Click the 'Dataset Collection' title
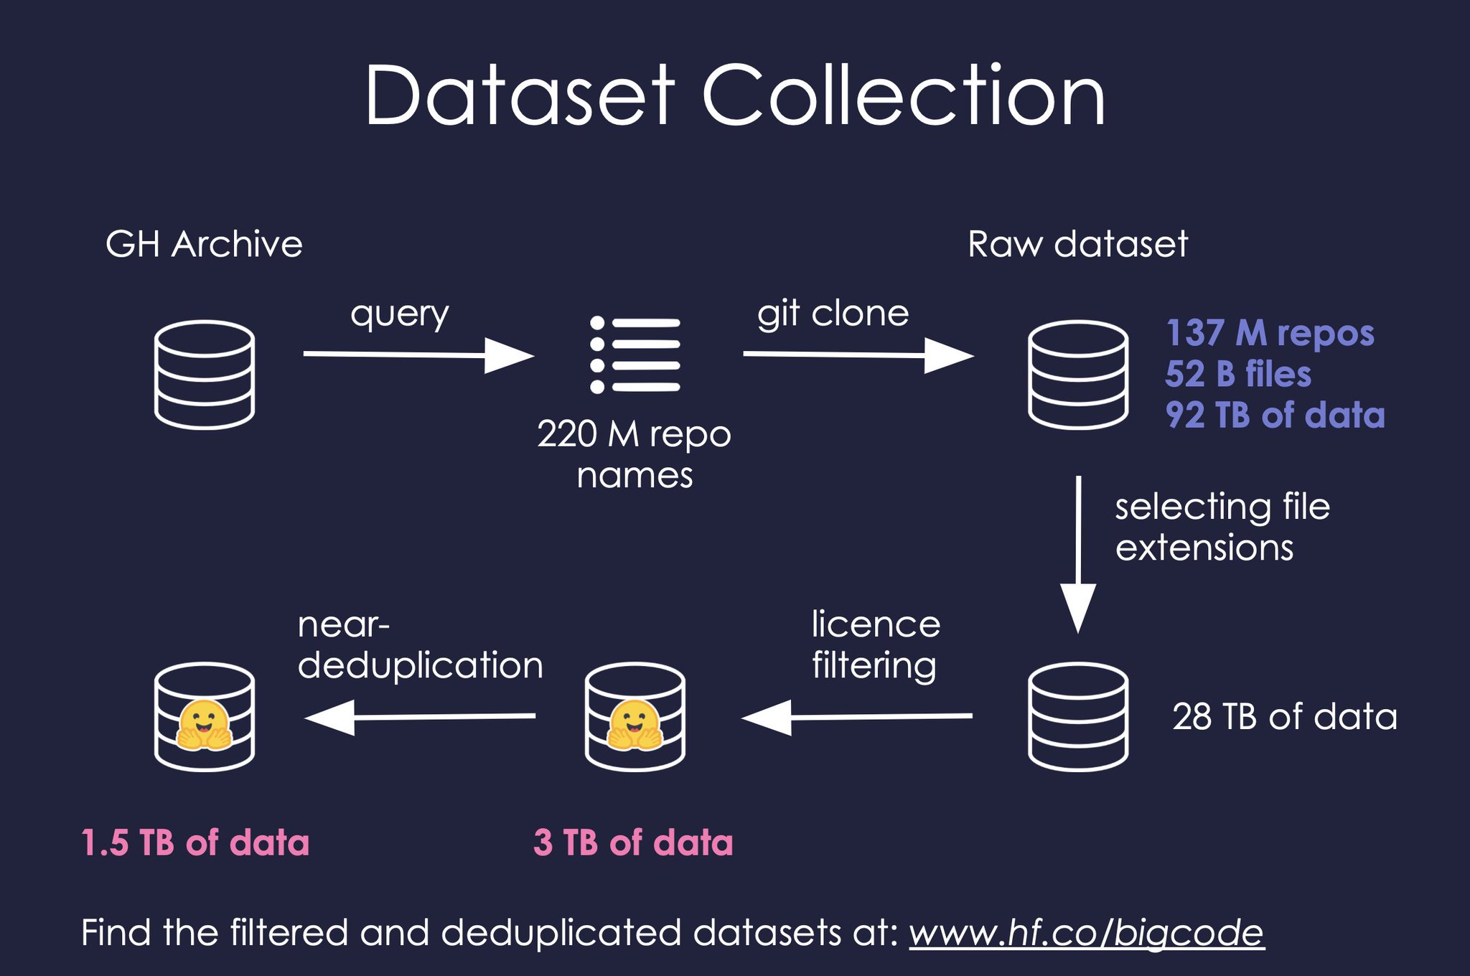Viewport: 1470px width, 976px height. tap(735, 95)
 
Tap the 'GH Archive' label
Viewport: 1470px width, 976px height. tap(204, 244)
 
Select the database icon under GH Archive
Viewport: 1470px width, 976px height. tap(205, 375)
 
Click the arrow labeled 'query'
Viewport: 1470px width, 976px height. tap(418, 355)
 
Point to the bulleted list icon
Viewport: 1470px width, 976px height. tap(635, 355)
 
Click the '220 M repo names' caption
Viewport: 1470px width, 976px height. tap(635, 454)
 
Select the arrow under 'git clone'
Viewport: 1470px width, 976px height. tap(858, 355)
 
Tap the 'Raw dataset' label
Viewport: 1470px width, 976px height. tap(1077, 244)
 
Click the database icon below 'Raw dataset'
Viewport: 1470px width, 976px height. tap(1078, 375)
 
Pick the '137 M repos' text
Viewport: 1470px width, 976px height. tap(1270, 333)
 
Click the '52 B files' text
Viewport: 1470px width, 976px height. tap(1238, 374)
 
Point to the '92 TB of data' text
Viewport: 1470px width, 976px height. tap(1275, 415)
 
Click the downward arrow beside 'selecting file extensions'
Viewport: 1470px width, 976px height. tap(1078, 554)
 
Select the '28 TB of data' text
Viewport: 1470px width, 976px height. tap(1285, 716)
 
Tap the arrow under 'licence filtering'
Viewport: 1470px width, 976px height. tap(857, 717)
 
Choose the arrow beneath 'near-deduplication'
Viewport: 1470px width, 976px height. tap(420, 717)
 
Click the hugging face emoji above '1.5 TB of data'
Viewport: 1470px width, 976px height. tap(205, 725)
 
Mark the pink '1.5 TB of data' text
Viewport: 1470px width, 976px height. tap(195, 842)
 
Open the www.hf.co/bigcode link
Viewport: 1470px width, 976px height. tap(1087, 933)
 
